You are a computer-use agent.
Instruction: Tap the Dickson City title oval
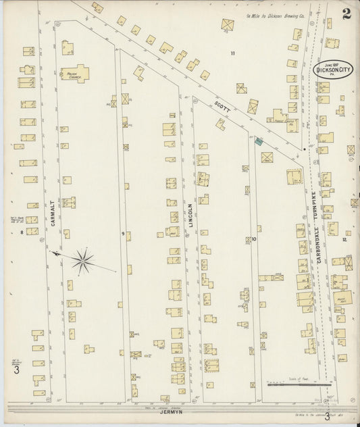point(333,70)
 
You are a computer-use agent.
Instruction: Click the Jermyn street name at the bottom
point(173,411)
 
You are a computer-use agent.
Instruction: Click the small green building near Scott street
point(259,141)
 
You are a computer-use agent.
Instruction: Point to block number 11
point(232,53)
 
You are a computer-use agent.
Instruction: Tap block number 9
point(123,234)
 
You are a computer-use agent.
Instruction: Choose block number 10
point(255,239)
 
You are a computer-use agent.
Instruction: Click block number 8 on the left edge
point(22,232)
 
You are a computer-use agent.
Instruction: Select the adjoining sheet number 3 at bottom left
point(16,370)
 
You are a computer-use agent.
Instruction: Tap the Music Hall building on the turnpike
point(344,297)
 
